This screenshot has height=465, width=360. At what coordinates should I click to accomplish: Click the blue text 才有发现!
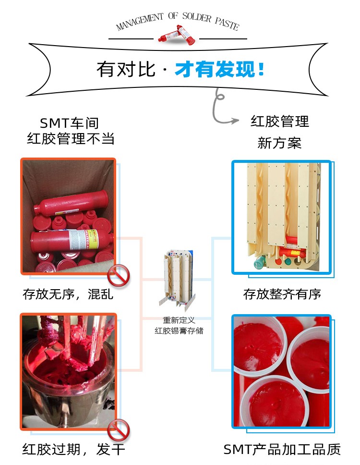219,69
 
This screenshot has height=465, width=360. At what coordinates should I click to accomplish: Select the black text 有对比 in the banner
126,69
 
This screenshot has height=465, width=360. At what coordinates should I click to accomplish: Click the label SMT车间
69,123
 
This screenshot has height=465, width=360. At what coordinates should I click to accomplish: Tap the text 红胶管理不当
71,138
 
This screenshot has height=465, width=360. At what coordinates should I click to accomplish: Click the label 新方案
279,143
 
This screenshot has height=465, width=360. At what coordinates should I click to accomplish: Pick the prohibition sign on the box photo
119,276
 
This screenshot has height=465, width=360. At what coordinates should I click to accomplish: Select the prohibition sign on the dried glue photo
119,430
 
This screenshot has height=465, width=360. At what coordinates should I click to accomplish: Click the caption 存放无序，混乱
68,294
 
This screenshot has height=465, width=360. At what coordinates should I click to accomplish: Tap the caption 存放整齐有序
282,294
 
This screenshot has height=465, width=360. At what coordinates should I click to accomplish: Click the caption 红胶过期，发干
73,450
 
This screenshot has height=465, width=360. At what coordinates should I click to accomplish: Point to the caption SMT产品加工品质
282,450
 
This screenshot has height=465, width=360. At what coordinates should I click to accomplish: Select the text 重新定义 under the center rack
179,320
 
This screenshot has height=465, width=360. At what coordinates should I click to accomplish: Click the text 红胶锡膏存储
179,330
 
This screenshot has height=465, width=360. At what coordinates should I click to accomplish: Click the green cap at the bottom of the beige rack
260,262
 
